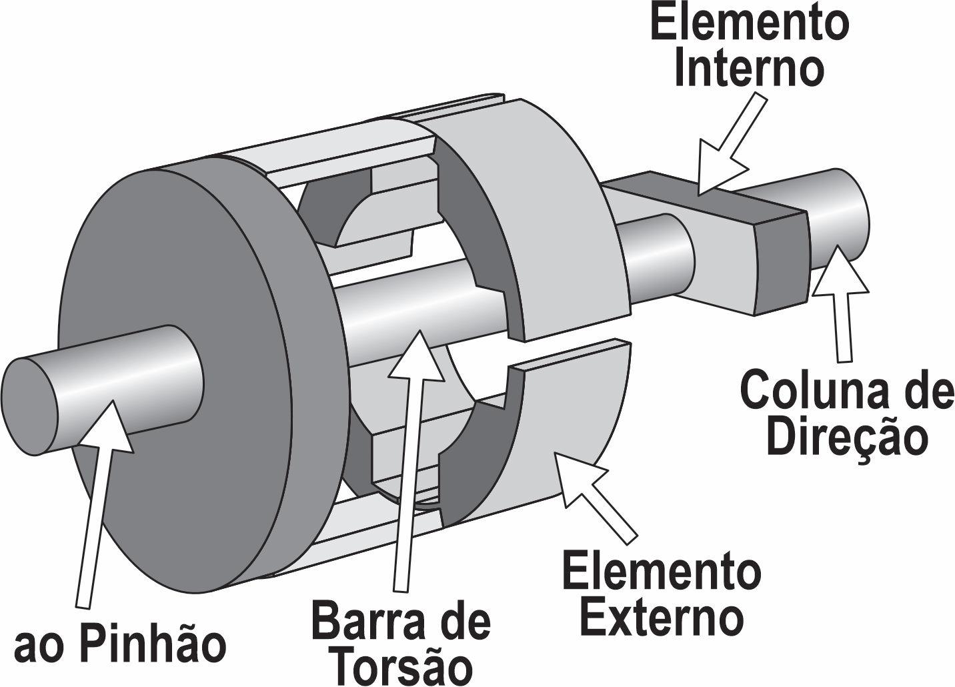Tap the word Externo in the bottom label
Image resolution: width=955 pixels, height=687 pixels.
pyautogui.click(x=662, y=614)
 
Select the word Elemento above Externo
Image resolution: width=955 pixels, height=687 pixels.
pyautogui.click(x=662, y=570)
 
